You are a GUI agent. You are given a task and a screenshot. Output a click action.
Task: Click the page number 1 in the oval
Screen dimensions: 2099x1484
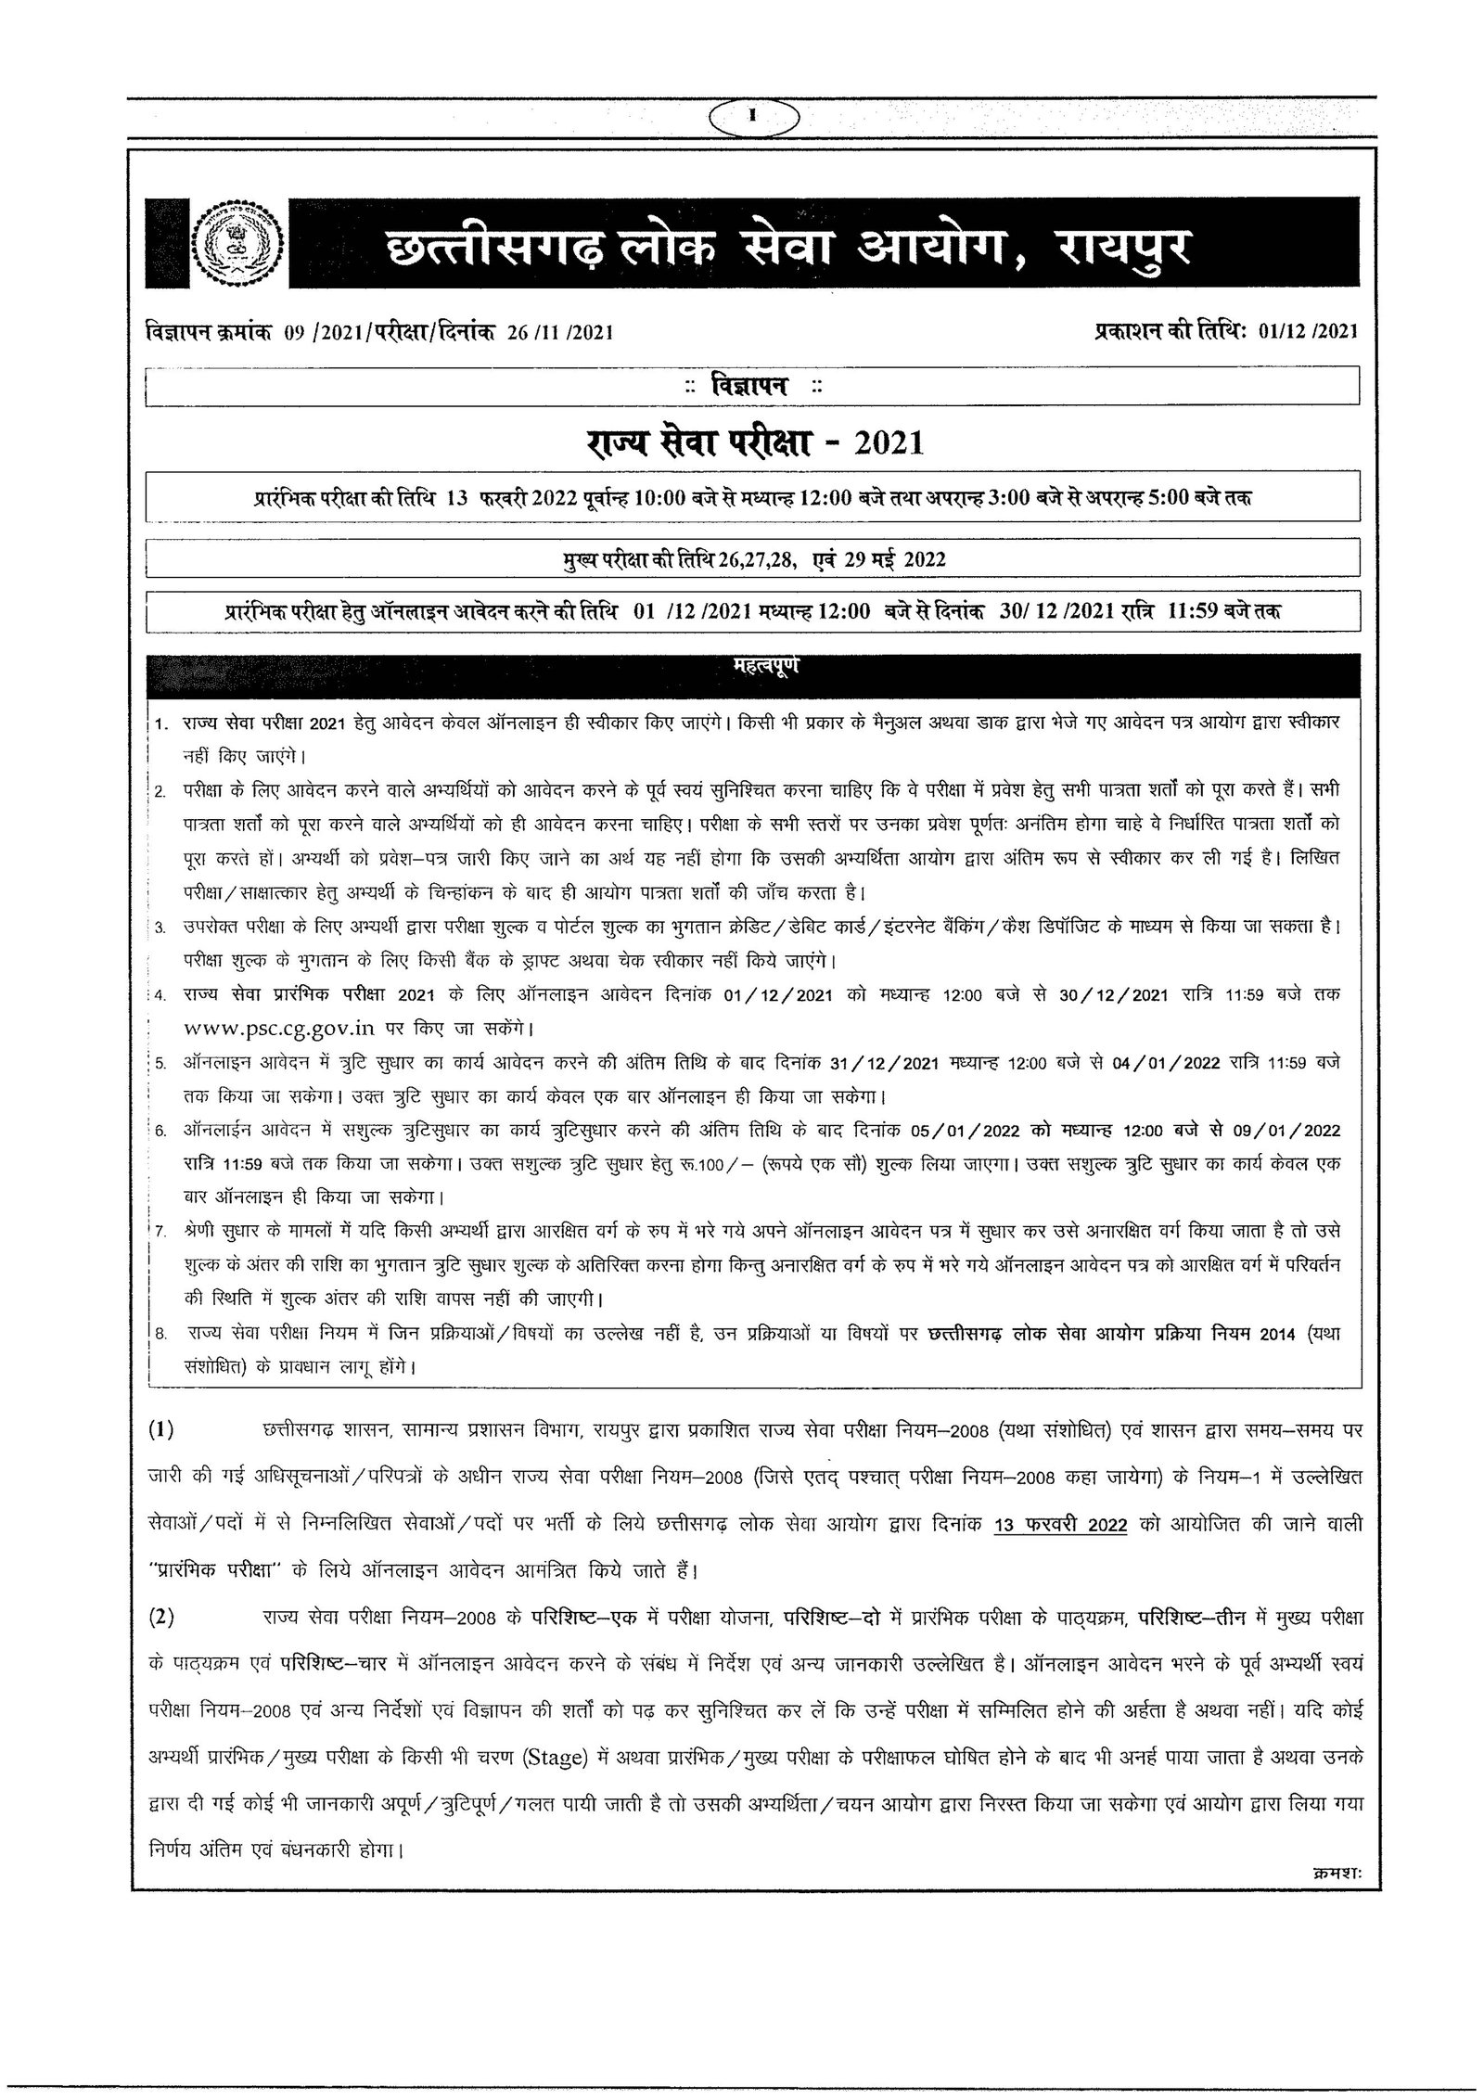pos(753,116)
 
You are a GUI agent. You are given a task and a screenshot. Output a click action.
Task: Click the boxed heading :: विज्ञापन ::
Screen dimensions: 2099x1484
pos(752,387)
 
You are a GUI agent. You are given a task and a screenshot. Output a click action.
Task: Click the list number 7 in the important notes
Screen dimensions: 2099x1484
pos(161,1231)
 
